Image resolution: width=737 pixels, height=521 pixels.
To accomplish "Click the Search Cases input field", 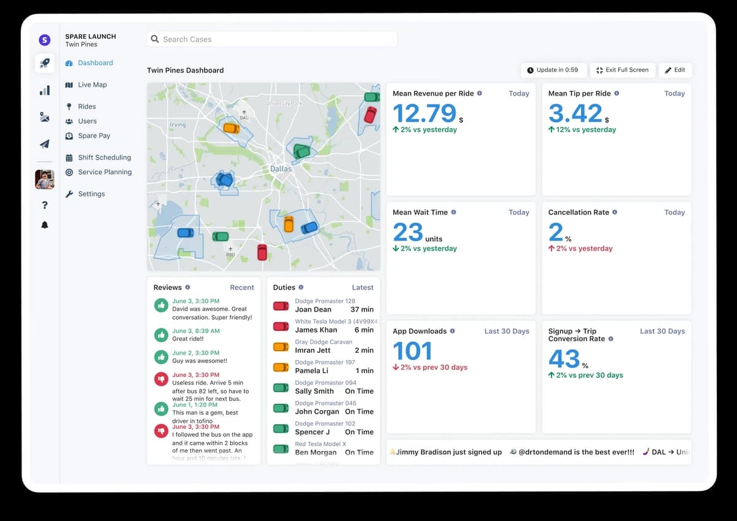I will click(271, 39).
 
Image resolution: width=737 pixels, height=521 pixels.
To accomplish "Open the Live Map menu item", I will click(92, 85).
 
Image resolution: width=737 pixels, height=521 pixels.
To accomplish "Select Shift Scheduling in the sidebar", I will click(104, 158).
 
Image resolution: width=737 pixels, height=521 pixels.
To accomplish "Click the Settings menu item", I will click(91, 194).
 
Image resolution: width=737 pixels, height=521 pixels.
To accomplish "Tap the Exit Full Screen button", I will click(622, 70).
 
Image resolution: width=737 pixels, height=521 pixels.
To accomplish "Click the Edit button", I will click(675, 70).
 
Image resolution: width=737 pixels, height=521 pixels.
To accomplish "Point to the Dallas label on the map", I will click(281, 169).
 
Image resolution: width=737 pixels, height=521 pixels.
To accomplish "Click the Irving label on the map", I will click(177, 125).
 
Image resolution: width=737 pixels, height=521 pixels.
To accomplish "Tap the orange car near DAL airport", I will click(231, 128).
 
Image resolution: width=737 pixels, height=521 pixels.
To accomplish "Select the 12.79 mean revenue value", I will click(424, 114).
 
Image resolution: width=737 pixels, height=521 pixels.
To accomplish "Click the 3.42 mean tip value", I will click(575, 114).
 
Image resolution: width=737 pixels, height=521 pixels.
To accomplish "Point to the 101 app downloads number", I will click(412, 351).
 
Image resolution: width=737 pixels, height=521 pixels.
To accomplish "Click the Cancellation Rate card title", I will click(579, 212).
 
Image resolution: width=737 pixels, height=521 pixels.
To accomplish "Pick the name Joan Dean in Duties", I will click(313, 310).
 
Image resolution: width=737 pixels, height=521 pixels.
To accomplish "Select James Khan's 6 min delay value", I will click(364, 330).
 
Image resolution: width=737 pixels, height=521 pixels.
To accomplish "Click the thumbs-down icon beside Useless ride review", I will click(161, 379).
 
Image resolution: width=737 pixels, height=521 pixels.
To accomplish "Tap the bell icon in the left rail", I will click(44, 225).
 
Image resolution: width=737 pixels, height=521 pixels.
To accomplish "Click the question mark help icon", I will click(44, 205).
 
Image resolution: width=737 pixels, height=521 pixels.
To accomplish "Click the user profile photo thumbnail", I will click(44, 179).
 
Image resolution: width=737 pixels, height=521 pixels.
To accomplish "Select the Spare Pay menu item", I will click(94, 136).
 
